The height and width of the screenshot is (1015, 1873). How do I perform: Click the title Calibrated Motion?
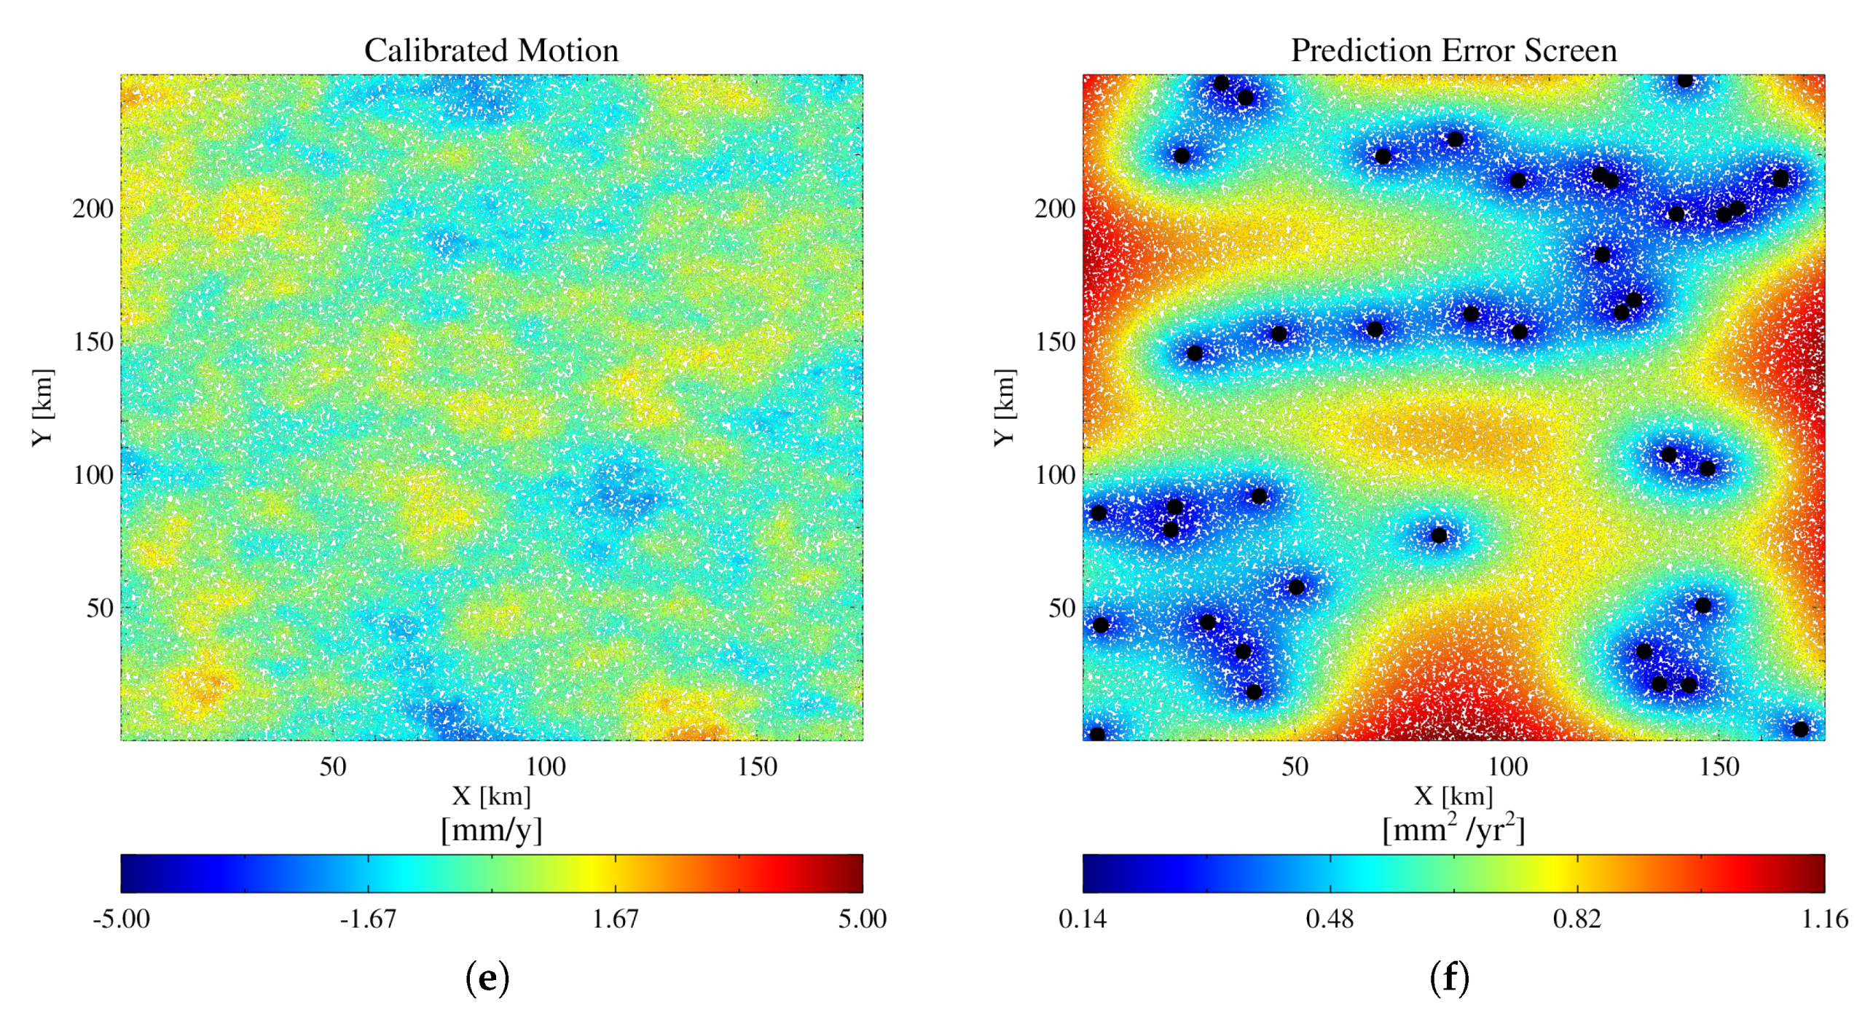[x=491, y=50]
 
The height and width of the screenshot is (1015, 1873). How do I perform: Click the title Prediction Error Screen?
[x=1453, y=50]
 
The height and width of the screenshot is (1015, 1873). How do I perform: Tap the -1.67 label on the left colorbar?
[x=368, y=919]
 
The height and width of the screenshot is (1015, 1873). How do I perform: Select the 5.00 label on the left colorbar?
[x=862, y=919]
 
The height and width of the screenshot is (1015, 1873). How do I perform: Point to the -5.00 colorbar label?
[x=121, y=919]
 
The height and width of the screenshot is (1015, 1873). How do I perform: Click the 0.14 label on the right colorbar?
[x=1082, y=919]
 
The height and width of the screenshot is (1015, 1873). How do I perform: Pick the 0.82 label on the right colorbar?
[x=1576, y=919]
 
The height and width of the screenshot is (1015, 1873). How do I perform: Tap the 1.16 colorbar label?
[x=1824, y=919]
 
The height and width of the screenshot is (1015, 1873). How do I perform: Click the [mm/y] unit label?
[x=491, y=830]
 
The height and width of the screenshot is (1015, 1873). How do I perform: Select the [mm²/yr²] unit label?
[x=1453, y=829]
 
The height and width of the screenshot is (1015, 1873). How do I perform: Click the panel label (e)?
[x=487, y=979]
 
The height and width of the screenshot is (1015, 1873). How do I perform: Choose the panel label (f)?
[x=1449, y=979]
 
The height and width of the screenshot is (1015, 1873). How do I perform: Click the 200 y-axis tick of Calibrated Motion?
[x=93, y=209]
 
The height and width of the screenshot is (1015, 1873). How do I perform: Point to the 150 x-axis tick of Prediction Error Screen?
[x=1719, y=767]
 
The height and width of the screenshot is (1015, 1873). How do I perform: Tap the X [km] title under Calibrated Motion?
[x=491, y=796]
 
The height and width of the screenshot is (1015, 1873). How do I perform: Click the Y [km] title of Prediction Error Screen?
[x=1004, y=407]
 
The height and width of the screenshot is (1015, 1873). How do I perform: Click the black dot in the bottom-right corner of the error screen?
[x=1800, y=729]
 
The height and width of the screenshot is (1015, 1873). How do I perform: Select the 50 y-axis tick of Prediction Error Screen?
[x=1061, y=608]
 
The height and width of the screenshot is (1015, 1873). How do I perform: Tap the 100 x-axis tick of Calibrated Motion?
[x=545, y=767]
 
